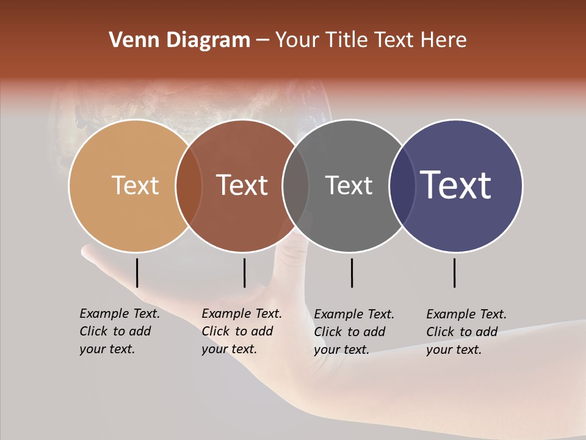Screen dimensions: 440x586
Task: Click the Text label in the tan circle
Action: [x=135, y=185]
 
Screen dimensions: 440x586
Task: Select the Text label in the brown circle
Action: [x=242, y=185]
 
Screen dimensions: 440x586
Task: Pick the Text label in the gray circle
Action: [x=349, y=185]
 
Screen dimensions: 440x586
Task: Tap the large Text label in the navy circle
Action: [x=456, y=185]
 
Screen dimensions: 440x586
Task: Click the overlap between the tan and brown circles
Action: [x=189, y=185]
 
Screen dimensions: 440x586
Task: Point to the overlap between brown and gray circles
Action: [x=295, y=185]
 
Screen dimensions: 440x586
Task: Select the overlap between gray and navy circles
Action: [x=402, y=185]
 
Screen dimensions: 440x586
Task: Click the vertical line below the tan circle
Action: [x=137, y=273]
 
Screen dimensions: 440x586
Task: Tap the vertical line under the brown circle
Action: [x=244, y=273]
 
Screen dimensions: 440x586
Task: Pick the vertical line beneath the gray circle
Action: [x=352, y=273]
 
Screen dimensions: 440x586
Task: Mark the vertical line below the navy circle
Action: [x=455, y=273]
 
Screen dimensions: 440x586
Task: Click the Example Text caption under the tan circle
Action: [x=120, y=331]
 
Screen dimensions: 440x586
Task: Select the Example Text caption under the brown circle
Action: [x=242, y=331]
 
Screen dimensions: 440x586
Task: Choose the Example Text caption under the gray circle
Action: [x=354, y=332]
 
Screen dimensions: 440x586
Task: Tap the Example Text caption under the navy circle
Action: [x=466, y=332]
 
